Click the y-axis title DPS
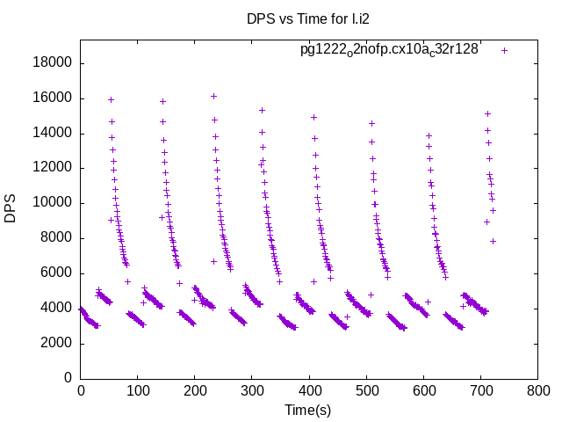pos(11,208)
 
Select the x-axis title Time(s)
pos(307,410)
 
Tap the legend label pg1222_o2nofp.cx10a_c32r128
pos(389,50)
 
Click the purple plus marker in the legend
pos(504,50)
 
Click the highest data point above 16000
pos(213,96)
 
